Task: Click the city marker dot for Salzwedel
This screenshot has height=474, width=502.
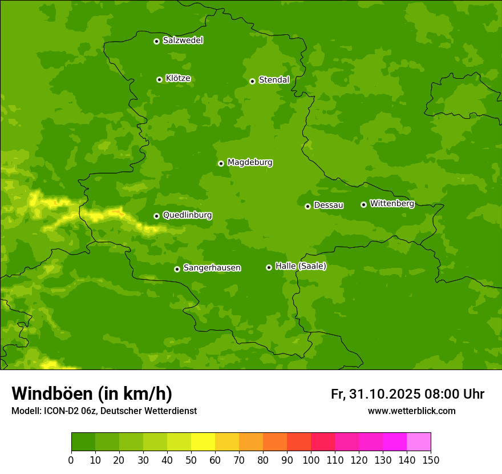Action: [156, 41]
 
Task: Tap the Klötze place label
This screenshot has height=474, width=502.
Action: [178, 78]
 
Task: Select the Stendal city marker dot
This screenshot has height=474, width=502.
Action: [252, 81]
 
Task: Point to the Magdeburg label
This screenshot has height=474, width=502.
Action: [250, 162]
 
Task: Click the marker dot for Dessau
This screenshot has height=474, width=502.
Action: [307, 206]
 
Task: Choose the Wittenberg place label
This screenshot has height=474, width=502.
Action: [392, 203]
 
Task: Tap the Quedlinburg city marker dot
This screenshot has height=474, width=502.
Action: [156, 216]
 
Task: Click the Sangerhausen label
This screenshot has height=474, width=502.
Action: [212, 267]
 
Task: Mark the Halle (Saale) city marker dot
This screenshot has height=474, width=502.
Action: [269, 267]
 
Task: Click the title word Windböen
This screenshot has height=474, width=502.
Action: [52, 393]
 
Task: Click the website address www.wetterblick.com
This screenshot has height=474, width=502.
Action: [411, 411]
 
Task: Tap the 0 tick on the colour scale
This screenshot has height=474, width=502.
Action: [71, 460]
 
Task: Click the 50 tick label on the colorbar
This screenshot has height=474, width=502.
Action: [191, 460]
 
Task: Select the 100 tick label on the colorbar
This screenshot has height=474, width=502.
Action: [311, 460]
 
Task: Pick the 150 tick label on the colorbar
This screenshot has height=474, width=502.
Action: [431, 460]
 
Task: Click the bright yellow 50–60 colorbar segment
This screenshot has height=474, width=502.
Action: [203, 442]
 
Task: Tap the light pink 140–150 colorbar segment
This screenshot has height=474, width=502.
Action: [419, 442]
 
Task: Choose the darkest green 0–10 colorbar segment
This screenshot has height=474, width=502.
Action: [83, 442]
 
